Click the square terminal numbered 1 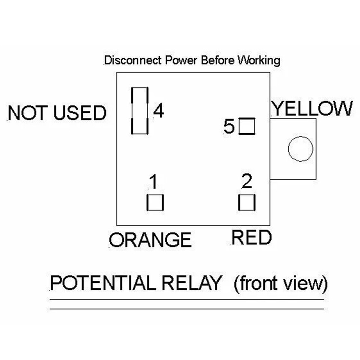point(155,202)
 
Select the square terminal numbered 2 point(247,202)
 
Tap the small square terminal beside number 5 point(247,126)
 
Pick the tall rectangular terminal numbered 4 point(140,111)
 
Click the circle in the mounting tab point(300,149)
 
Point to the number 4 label point(159,111)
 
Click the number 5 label point(229,127)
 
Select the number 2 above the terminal point(246,182)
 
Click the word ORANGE point(150,240)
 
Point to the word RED point(251,238)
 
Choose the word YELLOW point(312,109)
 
